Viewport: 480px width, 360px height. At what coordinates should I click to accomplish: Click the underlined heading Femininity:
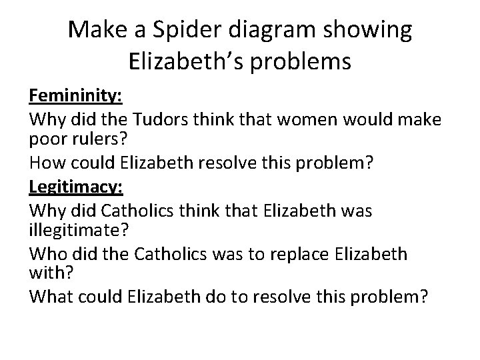tap(75, 97)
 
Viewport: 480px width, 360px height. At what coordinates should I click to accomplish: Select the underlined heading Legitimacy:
tap(76, 189)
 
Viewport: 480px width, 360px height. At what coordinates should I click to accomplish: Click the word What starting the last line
tap(51, 297)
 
